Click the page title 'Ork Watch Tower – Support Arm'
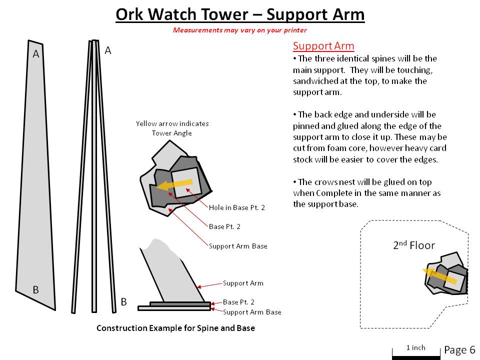tap(240, 14)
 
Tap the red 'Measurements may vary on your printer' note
tap(240, 30)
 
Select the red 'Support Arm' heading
tap(323, 46)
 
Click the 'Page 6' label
tap(459, 349)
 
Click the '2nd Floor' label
tap(413, 245)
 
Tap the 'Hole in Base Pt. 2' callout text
tap(237, 207)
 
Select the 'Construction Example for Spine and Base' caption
tap(175, 328)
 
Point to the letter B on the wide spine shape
tap(36, 289)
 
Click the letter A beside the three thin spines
tap(108, 50)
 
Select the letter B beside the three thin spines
tap(123, 301)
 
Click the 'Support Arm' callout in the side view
tap(243, 283)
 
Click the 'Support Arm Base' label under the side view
tap(252, 312)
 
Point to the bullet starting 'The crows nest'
tap(367, 193)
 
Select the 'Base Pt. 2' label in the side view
tap(238, 302)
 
